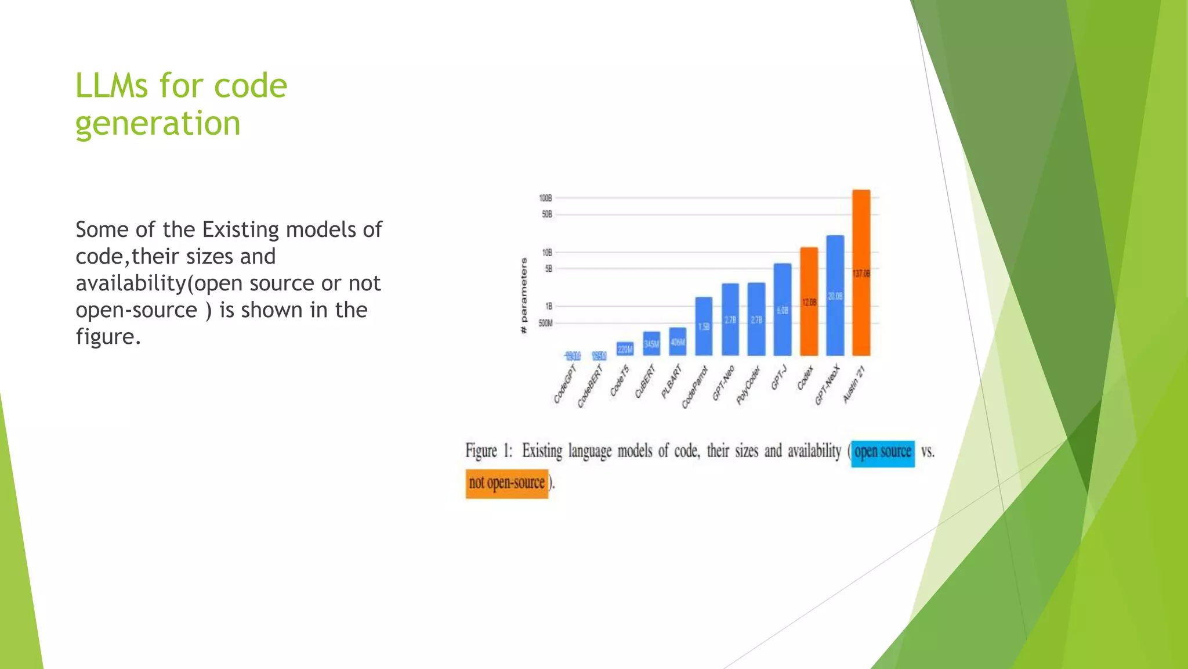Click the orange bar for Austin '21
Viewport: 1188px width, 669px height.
point(861,273)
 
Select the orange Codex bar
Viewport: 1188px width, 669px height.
point(809,301)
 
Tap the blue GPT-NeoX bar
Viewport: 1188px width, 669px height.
point(835,296)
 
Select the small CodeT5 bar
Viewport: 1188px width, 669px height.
point(625,348)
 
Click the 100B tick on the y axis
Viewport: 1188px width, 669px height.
point(545,198)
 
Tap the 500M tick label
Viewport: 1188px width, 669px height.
point(545,323)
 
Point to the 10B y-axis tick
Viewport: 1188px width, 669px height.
point(546,252)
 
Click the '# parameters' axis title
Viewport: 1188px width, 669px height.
point(524,296)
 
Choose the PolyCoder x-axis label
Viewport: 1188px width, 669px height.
point(748,386)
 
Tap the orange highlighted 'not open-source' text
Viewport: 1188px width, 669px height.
point(506,483)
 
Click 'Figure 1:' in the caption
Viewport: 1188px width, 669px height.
point(488,451)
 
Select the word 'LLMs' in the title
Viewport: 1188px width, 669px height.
point(111,86)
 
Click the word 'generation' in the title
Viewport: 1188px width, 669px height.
point(158,123)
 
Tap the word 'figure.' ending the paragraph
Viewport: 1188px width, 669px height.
point(108,337)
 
